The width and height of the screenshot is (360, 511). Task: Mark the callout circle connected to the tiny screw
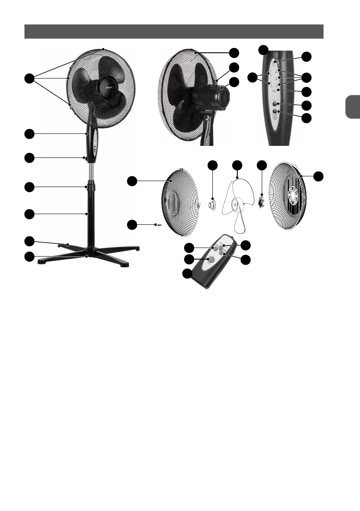[x=133, y=224]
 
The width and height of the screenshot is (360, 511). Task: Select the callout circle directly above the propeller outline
[x=236, y=165]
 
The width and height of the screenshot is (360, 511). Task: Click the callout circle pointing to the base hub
[x=29, y=257]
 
